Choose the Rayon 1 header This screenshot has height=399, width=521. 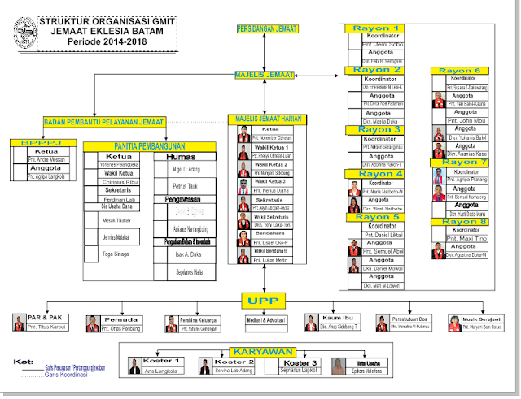pyautogui.click(x=376, y=28)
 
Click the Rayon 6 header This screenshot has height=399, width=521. pyautogui.click(x=465, y=71)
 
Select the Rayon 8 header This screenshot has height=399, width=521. pyautogui.click(x=465, y=222)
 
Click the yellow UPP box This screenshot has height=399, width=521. pyautogui.click(x=262, y=301)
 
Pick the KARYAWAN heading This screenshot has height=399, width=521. pyautogui.click(x=260, y=352)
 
